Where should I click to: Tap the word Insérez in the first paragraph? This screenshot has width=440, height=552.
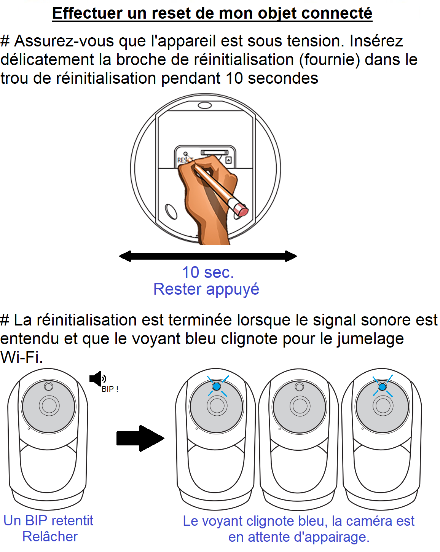tap(376, 41)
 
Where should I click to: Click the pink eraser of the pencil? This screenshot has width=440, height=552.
tap(241, 210)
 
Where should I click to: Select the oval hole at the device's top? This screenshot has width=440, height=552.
tap(205, 105)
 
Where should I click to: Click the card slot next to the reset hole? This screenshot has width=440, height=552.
tap(215, 152)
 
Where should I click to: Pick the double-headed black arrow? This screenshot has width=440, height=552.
tap(208, 256)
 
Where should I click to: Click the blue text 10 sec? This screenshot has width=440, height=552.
tap(208, 273)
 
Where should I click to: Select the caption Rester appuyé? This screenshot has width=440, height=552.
tap(206, 289)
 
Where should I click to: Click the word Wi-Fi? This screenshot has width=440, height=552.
tap(21, 357)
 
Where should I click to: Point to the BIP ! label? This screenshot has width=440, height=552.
tap(110, 389)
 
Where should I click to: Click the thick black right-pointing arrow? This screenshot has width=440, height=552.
tap(140, 438)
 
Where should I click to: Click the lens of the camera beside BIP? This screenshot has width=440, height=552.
tap(49, 406)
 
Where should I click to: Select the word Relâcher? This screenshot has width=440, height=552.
tap(50, 537)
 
